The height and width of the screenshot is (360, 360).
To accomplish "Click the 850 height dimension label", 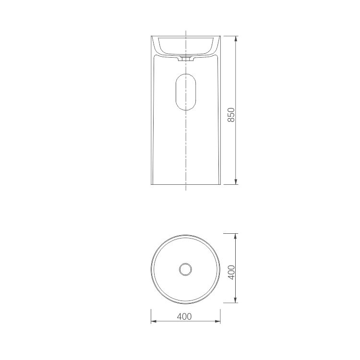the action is pos(231,115).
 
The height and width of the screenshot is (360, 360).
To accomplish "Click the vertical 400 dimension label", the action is pos(231,272).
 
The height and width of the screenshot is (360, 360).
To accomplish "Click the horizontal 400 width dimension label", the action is pos(184,317).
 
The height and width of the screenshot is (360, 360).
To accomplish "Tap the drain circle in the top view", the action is pos(185,269).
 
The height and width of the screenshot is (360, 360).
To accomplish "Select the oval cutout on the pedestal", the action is pos(186,92).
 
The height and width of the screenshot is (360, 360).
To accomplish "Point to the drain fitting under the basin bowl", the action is pos(186,58).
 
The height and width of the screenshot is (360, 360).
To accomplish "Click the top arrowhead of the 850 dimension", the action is pos(236,39).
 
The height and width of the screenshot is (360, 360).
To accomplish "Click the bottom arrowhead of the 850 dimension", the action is pos(236,181).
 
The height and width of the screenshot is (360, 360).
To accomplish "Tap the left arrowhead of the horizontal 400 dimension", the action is pos(154,321).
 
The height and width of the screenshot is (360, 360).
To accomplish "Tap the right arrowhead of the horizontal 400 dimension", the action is pos(217,321).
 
